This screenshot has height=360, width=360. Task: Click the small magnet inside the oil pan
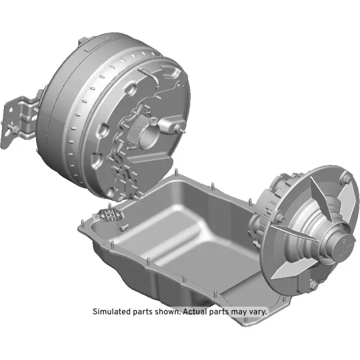pos(111,215)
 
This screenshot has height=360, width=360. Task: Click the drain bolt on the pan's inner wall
pos(125,227)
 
